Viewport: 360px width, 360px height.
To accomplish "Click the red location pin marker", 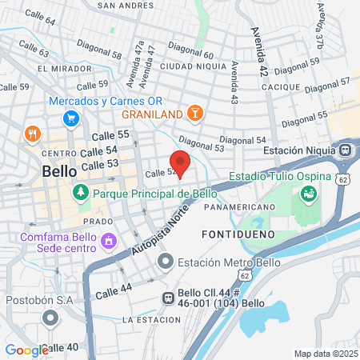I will coord(181,163).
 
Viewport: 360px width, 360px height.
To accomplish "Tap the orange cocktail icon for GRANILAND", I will coord(193,112).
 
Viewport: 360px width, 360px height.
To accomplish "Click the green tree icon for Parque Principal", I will coord(80,193).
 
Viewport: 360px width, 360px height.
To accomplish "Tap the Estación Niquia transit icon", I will coord(346,150).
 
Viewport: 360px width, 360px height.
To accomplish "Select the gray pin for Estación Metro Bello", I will coord(166,262).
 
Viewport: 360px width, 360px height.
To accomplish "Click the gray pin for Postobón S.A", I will coord(51,319).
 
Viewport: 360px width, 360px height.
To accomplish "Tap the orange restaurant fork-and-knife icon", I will coord(33,133).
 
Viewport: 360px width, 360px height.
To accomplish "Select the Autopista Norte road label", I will coord(158,237).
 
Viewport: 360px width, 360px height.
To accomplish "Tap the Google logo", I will coord(26,350).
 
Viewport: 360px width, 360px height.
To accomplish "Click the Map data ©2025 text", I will coord(326,354).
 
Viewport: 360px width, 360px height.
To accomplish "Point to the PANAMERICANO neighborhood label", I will coord(239,206).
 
